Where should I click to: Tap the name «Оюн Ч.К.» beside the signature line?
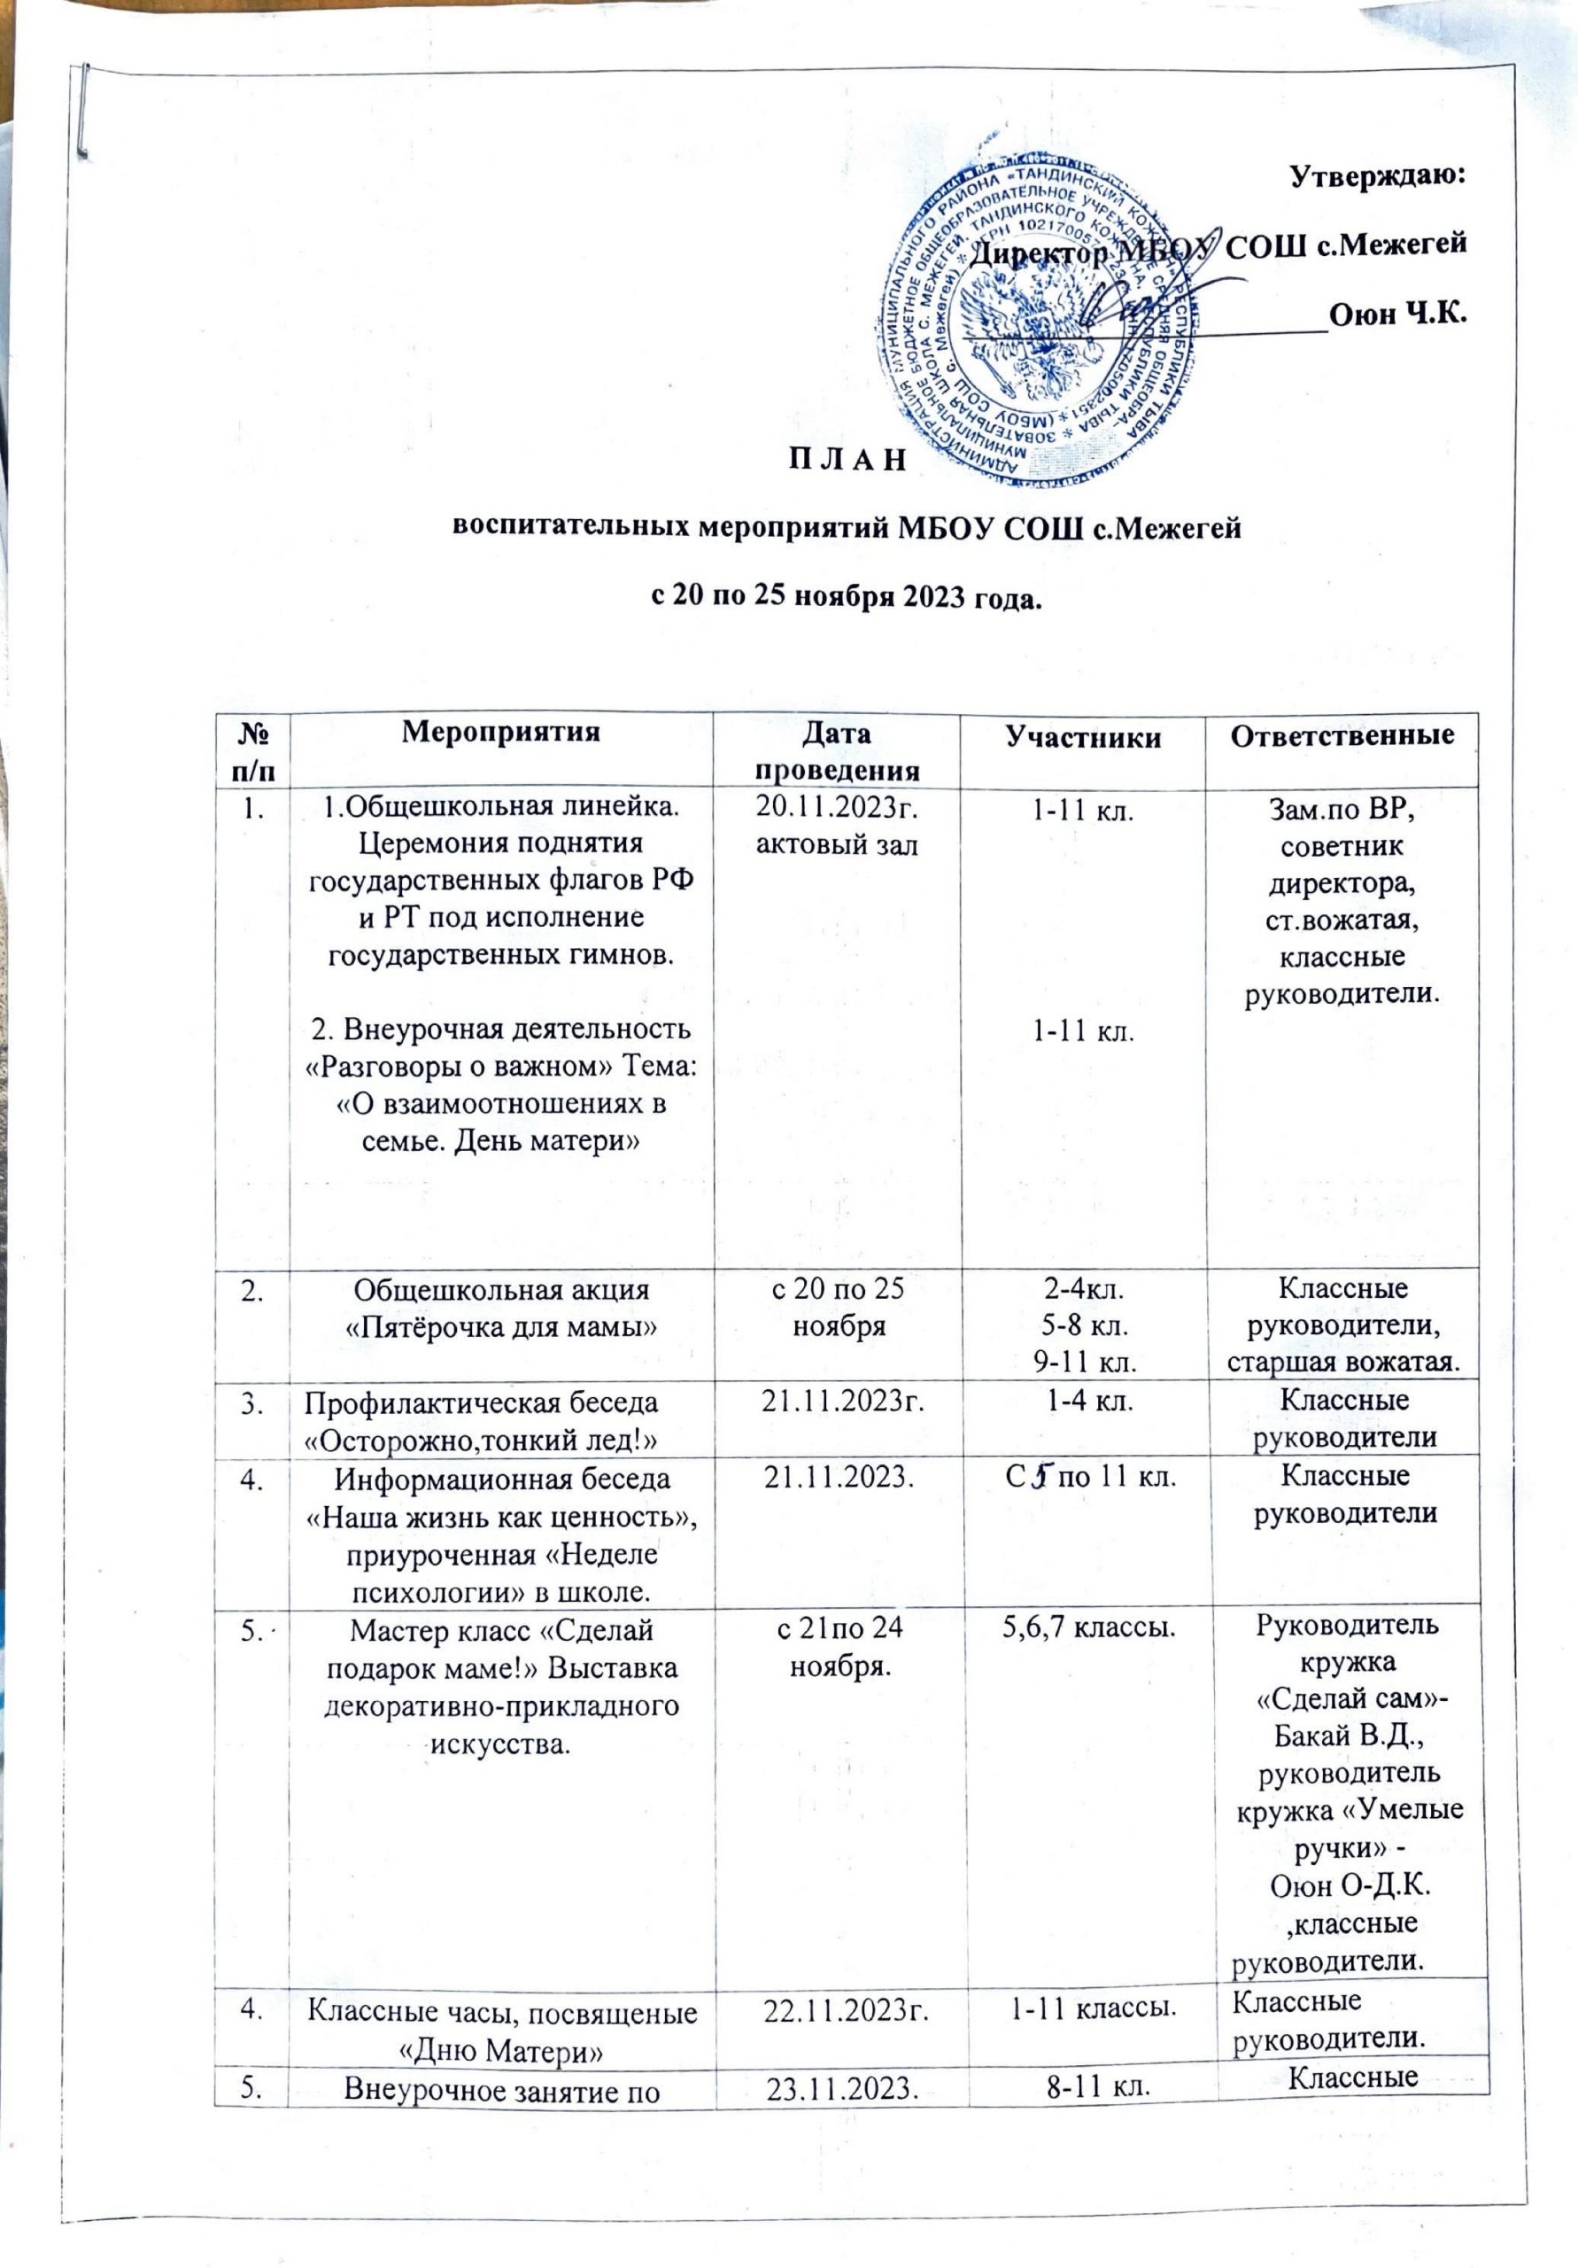point(1396,315)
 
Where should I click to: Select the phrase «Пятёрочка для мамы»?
point(500,1329)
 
